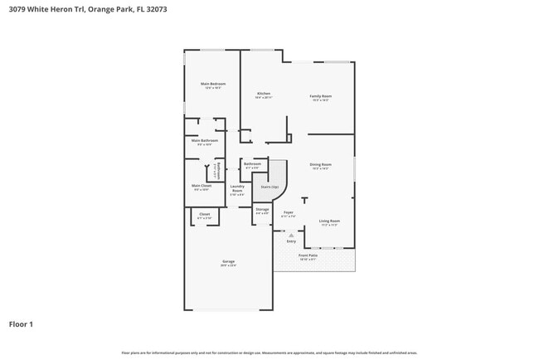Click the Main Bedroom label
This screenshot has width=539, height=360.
coord(212,84)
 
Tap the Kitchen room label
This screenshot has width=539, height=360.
coord(264,94)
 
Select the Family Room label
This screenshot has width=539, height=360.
coord(320,96)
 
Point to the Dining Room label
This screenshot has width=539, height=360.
coord(320,164)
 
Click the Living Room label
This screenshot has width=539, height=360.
coord(329,221)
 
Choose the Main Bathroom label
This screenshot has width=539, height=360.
coord(208,140)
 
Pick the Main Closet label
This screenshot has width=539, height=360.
coord(202,186)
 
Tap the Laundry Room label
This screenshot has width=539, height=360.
coord(237,187)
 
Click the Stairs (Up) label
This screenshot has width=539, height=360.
coord(269,187)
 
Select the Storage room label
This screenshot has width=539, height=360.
coord(262,209)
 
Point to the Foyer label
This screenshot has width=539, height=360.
coord(288,212)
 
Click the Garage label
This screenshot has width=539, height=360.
coord(227,262)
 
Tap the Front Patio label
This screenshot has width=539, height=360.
coord(318,255)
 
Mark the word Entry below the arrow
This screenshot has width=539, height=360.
coord(291,241)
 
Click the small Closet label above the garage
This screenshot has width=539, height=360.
coord(205,214)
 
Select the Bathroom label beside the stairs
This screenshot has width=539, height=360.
coord(252,163)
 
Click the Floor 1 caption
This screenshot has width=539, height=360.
coord(21,324)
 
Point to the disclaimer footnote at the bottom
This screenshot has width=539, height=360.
coord(269,353)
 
